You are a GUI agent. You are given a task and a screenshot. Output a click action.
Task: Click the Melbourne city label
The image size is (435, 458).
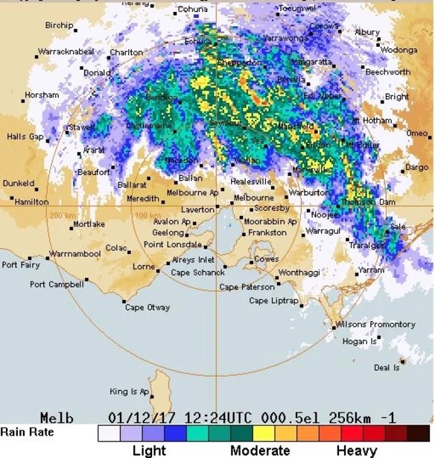click(x=254, y=198)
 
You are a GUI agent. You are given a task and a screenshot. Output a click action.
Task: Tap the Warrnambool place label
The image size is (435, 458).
click(x=76, y=255)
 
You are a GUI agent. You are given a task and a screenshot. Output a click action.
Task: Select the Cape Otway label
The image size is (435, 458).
click(x=147, y=308)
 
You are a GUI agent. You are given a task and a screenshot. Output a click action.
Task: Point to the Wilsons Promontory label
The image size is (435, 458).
click(x=375, y=325)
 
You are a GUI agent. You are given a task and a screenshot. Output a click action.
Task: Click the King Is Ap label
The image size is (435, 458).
click(x=130, y=392)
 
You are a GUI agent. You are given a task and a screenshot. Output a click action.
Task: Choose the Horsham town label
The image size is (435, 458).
click(x=41, y=95)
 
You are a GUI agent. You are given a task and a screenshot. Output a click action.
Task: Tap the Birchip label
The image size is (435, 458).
click(x=60, y=25)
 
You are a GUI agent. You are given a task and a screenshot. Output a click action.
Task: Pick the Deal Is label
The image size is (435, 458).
click(x=387, y=368)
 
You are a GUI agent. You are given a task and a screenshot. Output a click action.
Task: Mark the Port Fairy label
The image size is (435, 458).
click(x=20, y=265)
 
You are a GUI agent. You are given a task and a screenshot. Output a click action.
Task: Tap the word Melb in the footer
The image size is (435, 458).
click(x=57, y=418)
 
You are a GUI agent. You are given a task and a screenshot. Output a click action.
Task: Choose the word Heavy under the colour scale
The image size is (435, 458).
click(x=357, y=451)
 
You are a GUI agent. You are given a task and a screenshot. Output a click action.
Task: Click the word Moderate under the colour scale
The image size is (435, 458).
click(x=260, y=451)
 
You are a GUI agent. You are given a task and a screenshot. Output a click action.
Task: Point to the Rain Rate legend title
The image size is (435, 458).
click(x=26, y=432)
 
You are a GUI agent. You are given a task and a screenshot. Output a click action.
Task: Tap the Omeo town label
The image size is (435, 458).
click(x=416, y=133)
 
